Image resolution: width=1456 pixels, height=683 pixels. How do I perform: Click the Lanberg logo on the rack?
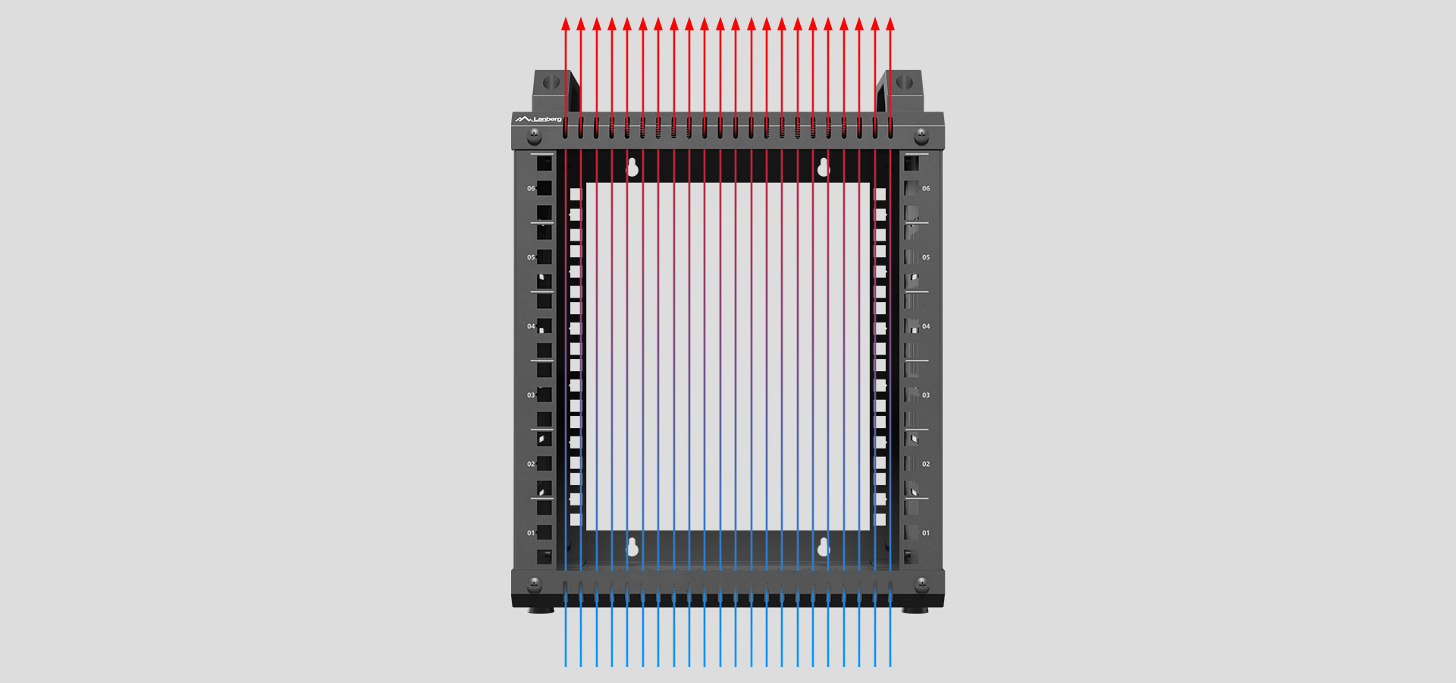pyautogui.click(x=538, y=119)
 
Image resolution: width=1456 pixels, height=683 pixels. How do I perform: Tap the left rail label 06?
pyautogui.click(x=531, y=188)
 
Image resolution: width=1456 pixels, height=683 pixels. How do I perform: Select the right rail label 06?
pyautogui.click(x=926, y=188)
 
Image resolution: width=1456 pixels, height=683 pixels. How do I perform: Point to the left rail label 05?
pyautogui.click(x=531, y=257)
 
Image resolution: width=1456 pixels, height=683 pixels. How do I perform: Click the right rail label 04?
pyautogui.click(x=926, y=326)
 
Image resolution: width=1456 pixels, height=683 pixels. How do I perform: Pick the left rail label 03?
pyautogui.click(x=531, y=395)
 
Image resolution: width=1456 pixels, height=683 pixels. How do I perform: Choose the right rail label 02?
pyautogui.click(x=926, y=464)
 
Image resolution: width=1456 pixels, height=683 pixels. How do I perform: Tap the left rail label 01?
pyautogui.click(x=531, y=533)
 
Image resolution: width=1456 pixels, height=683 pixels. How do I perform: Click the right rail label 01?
pyautogui.click(x=926, y=533)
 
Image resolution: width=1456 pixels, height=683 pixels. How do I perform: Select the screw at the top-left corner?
pyautogui.click(x=535, y=135)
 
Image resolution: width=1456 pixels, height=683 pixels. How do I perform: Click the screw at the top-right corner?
pyautogui.click(x=921, y=135)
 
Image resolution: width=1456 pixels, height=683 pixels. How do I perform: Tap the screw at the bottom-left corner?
pyautogui.click(x=535, y=584)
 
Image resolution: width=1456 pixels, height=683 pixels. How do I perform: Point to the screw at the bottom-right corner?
pyautogui.click(x=921, y=584)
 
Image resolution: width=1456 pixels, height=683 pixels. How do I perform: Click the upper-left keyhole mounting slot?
pyautogui.click(x=632, y=168)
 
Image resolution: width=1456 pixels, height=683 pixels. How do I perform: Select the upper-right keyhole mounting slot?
pyautogui.click(x=824, y=168)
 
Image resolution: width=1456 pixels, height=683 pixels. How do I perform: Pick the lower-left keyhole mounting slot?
pyautogui.click(x=632, y=546)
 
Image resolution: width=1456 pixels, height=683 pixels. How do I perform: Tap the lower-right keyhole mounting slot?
pyautogui.click(x=824, y=546)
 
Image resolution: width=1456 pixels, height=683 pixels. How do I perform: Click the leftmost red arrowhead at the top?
pyautogui.click(x=566, y=24)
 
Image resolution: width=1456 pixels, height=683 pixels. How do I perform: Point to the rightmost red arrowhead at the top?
pyautogui.click(x=890, y=24)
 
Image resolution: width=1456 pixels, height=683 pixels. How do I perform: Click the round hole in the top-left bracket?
pyautogui.click(x=552, y=81)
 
